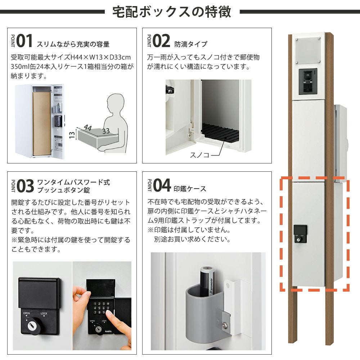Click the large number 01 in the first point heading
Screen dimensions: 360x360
click(24, 41)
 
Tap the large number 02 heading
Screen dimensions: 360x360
click(161, 41)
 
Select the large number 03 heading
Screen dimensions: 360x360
click(25, 186)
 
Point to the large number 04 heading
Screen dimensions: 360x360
click(162, 185)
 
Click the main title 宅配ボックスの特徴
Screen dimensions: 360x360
click(172, 12)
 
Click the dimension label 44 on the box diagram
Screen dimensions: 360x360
click(88, 127)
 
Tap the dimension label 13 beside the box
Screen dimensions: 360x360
click(72, 135)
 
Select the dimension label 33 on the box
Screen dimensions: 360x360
click(106, 131)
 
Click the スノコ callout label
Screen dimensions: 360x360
click(199, 155)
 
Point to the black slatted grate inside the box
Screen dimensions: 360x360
click(220, 132)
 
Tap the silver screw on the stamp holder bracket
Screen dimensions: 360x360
click(225, 325)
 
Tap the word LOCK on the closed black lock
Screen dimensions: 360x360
click(44, 314)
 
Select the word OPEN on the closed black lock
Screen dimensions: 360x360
click(26, 313)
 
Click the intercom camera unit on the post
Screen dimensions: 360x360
click(308, 81)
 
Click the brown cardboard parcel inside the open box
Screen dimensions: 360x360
click(41, 123)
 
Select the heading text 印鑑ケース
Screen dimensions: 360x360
click(190, 189)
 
